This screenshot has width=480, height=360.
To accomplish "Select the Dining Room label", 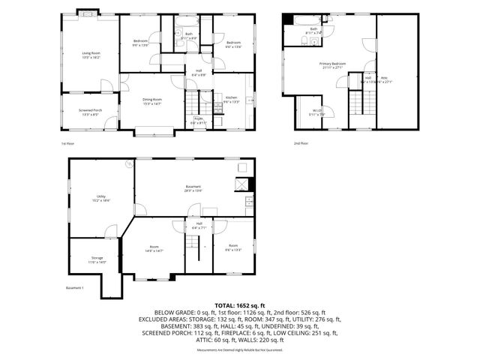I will coord(153,101).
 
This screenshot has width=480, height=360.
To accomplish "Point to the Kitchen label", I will coord(231,99).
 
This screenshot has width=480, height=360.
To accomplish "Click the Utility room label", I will coord(101,199).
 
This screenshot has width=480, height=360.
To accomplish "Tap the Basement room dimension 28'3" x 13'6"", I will coord(194,190).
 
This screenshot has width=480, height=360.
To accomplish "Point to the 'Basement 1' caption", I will coord(73,288).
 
